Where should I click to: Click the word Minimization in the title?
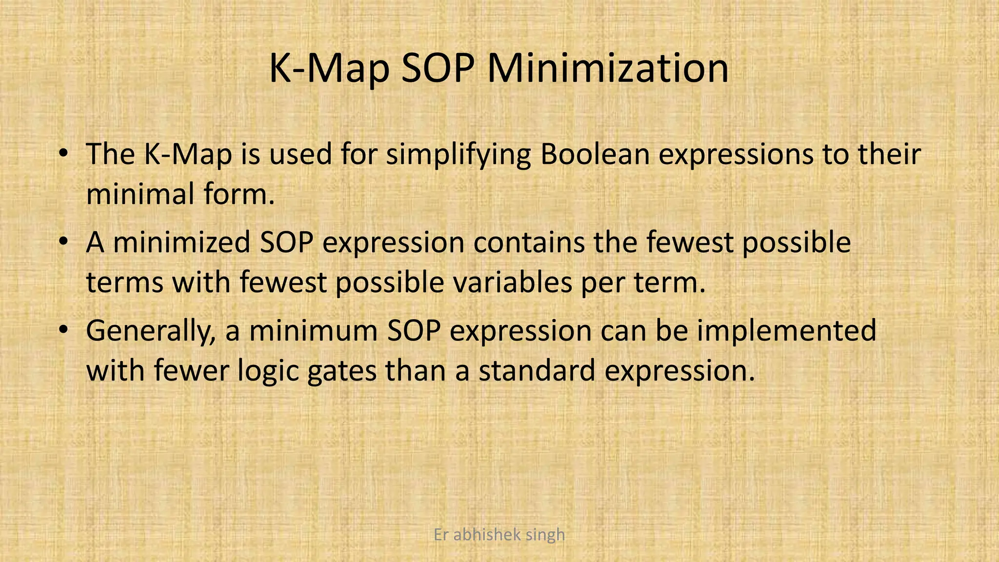[608, 68]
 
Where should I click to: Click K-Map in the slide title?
[329, 68]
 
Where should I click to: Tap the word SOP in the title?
[438, 68]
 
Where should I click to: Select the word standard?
[537, 370]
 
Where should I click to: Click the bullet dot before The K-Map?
[62, 154]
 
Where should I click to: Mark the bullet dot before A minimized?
[62, 242]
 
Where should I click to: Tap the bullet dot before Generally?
[62, 331]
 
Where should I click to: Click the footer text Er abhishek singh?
[499, 535]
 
